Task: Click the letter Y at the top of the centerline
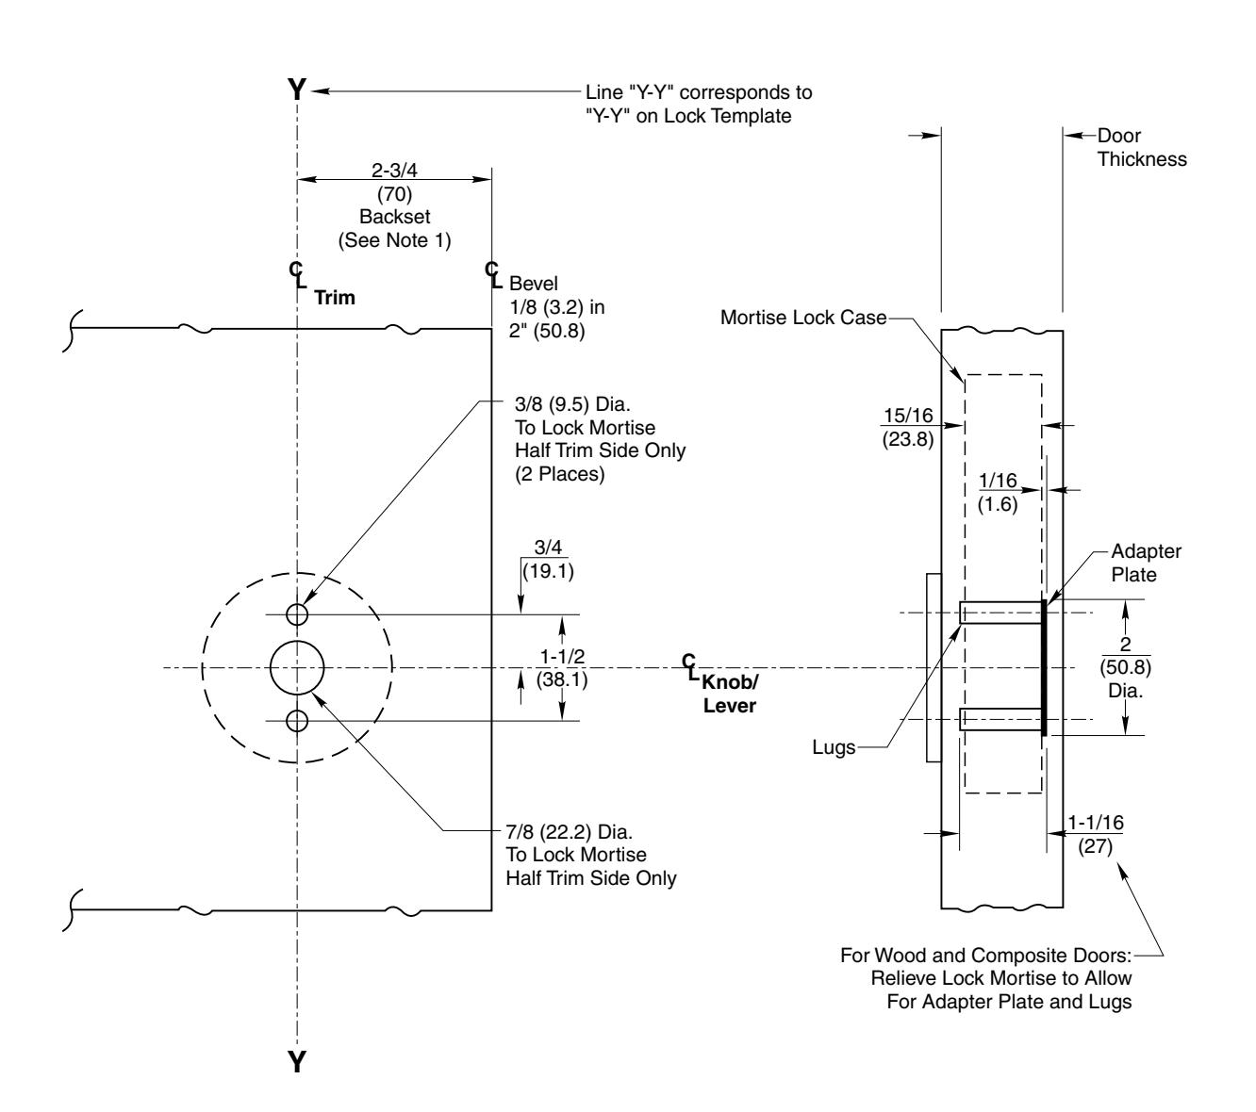(297, 90)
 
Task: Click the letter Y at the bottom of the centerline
(297, 1063)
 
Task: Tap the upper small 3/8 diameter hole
(297, 614)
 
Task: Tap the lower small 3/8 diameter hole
(297, 722)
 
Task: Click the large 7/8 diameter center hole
(297, 668)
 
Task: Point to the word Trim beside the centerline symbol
(334, 298)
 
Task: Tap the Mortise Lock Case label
(802, 318)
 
